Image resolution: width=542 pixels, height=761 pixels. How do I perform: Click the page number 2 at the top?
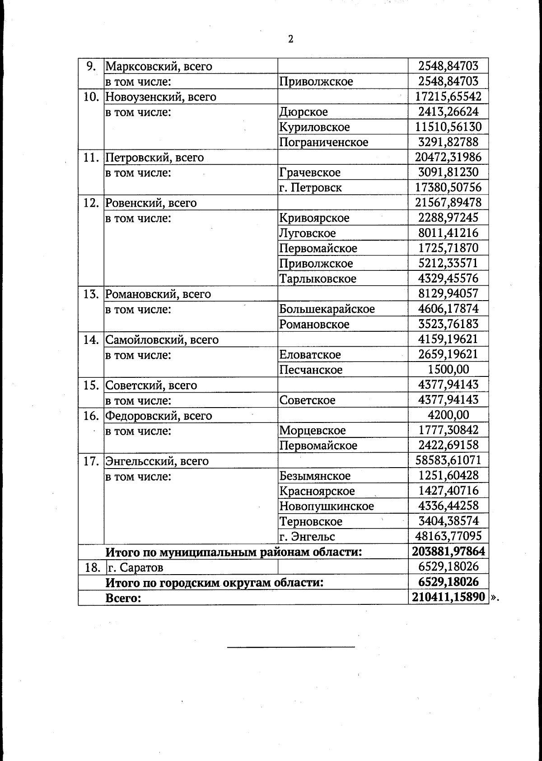click(x=290, y=39)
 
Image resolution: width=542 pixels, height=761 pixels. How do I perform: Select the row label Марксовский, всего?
click(x=159, y=66)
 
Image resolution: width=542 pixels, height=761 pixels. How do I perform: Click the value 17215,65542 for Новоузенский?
click(x=448, y=97)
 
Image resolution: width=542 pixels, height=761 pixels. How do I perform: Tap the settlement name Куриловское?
click(x=314, y=127)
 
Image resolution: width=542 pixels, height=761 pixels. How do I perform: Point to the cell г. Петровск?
click(x=310, y=188)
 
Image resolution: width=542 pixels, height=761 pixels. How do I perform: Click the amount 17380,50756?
click(x=448, y=187)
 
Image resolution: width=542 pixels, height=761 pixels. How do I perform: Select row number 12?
click(x=91, y=203)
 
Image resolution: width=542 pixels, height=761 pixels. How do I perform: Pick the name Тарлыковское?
click(x=318, y=279)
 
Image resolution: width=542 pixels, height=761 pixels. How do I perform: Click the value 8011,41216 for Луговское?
click(x=448, y=233)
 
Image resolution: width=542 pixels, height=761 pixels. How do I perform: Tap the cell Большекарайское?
click(x=327, y=309)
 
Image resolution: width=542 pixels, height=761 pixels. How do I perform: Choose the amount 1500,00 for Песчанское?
click(x=448, y=370)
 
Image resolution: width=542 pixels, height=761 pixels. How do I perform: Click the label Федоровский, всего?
click(x=159, y=416)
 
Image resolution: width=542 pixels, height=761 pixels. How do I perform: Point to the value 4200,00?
click(x=448, y=415)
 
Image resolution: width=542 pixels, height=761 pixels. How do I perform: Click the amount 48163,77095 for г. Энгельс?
click(x=448, y=536)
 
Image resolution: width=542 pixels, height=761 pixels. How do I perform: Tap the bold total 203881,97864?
click(x=448, y=552)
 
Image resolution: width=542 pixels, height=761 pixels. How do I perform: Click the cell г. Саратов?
click(x=135, y=567)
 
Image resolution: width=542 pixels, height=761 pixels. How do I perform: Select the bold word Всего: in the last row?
click(x=123, y=598)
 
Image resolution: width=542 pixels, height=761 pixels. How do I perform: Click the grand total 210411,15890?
click(x=448, y=598)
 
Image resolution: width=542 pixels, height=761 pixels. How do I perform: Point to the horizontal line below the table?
click(x=290, y=647)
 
